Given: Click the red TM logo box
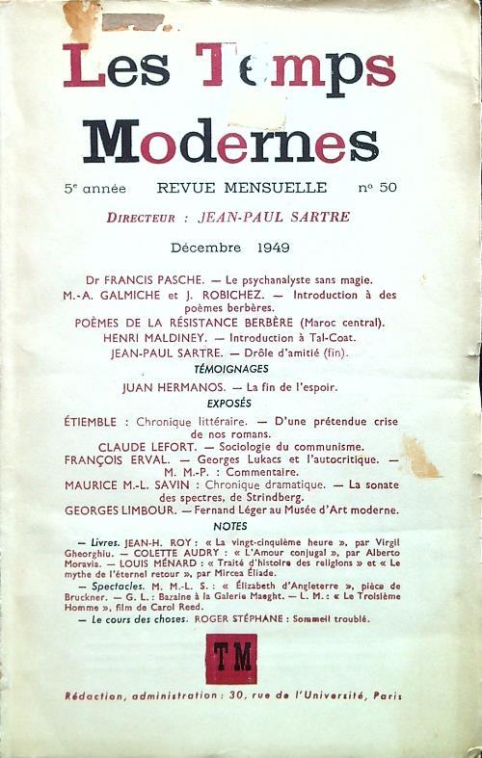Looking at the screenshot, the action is tap(230, 658).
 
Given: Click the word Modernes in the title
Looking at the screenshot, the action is tap(229, 141).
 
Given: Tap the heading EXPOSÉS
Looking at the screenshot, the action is tap(230, 404).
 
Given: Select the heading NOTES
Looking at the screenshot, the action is tap(230, 526).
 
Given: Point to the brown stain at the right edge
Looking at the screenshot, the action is tap(420, 457).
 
